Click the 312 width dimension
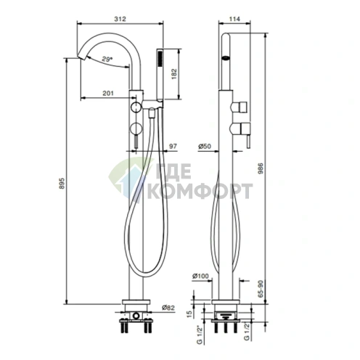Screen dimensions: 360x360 [x=120, y=19]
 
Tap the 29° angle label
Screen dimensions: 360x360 [x=107, y=59]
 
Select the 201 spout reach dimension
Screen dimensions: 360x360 [x=108, y=93]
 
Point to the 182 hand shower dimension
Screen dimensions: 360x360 [x=174, y=74]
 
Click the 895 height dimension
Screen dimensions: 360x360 [x=62, y=184]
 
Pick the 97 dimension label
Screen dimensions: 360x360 [x=173, y=147]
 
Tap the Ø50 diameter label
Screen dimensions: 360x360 [x=205, y=147]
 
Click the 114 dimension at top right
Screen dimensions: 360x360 [x=234, y=19]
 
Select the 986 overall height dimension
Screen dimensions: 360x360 [x=261, y=168]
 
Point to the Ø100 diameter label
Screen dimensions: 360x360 [x=200, y=276]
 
